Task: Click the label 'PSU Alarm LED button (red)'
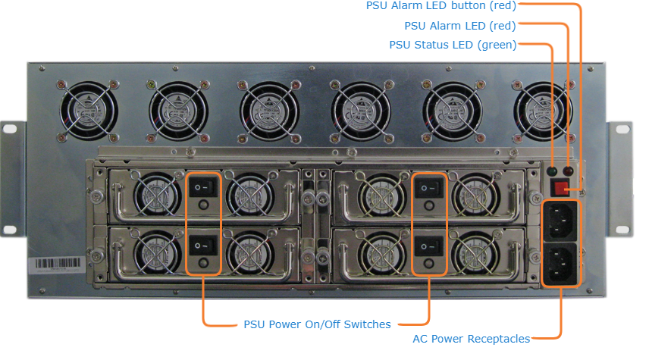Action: [441, 7]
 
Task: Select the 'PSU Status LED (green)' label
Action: [453, 45]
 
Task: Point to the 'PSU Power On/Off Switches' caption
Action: [317, 324]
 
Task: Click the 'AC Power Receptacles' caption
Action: [471, 339]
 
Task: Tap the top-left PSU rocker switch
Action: [203, 187]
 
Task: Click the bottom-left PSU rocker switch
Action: [203, 244]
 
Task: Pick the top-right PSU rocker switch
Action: [429, 187]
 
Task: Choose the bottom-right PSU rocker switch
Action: [429, 244]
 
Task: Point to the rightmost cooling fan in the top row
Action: [541, 111]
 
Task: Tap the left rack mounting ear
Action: [14, 178]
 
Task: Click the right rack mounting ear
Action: [620, 178]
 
